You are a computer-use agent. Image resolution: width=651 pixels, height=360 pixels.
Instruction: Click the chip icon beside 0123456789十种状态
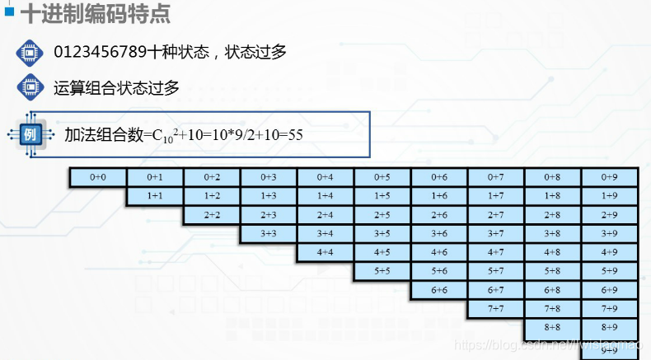point(29,52)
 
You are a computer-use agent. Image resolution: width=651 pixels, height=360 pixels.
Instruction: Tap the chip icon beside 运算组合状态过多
point(29,86)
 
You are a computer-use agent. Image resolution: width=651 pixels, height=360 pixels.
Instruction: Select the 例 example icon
point(29,133)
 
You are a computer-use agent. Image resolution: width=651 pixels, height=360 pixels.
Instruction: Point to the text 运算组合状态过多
point(116,86)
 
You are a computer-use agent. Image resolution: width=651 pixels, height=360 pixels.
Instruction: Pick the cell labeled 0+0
point(97,177)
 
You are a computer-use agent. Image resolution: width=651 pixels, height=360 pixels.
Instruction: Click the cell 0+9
point(609,177)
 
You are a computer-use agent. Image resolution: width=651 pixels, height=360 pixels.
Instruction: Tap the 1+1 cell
point(154,196)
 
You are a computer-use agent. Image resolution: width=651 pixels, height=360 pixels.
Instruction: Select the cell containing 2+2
point(212,215)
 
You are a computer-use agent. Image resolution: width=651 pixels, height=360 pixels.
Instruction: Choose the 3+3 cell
point(269,234)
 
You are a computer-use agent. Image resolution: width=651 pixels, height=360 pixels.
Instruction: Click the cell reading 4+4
point(325,252)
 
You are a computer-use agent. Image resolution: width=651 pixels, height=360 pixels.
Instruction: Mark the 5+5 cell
point(382,271)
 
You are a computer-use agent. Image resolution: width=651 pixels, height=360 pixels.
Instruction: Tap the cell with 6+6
point(438,290)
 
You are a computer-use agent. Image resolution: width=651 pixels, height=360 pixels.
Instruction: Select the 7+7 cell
point(495,309)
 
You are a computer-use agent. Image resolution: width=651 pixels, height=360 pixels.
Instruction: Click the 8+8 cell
point(552,327)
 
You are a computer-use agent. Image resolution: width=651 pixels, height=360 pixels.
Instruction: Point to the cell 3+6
point(438,234)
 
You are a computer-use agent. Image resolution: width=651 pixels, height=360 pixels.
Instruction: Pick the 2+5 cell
point(382,215)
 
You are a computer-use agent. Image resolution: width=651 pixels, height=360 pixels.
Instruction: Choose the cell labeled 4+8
point(552,252)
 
